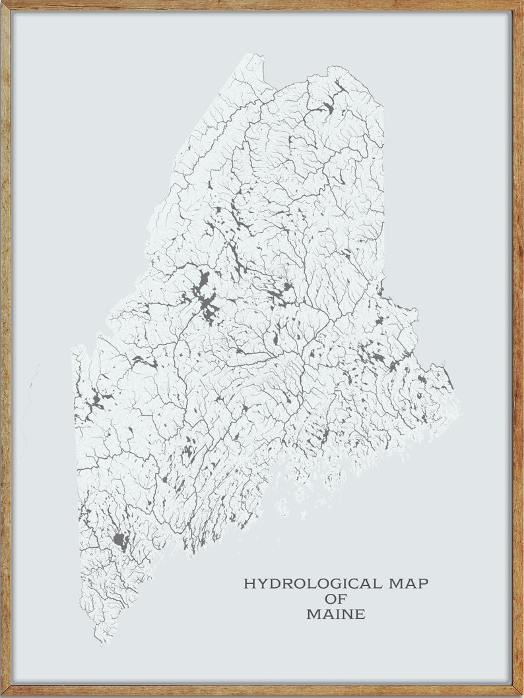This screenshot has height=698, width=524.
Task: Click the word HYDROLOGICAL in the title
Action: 313,583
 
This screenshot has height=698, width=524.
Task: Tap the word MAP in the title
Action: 409,583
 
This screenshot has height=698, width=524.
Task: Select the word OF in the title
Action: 336,598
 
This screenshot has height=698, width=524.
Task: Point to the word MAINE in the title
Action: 336,614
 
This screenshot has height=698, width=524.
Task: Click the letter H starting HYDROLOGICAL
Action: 249,583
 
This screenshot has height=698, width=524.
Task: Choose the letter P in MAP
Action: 423,583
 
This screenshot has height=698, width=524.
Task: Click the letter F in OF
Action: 343,598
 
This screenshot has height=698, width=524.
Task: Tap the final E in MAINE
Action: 360,614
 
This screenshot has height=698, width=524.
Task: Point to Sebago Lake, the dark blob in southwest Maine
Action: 119,540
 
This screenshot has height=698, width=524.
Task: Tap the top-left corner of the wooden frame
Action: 2,2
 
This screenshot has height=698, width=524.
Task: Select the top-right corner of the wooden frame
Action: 521,2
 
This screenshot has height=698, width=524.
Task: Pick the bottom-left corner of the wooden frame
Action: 2,695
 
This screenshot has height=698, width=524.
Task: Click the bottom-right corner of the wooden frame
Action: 521,695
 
